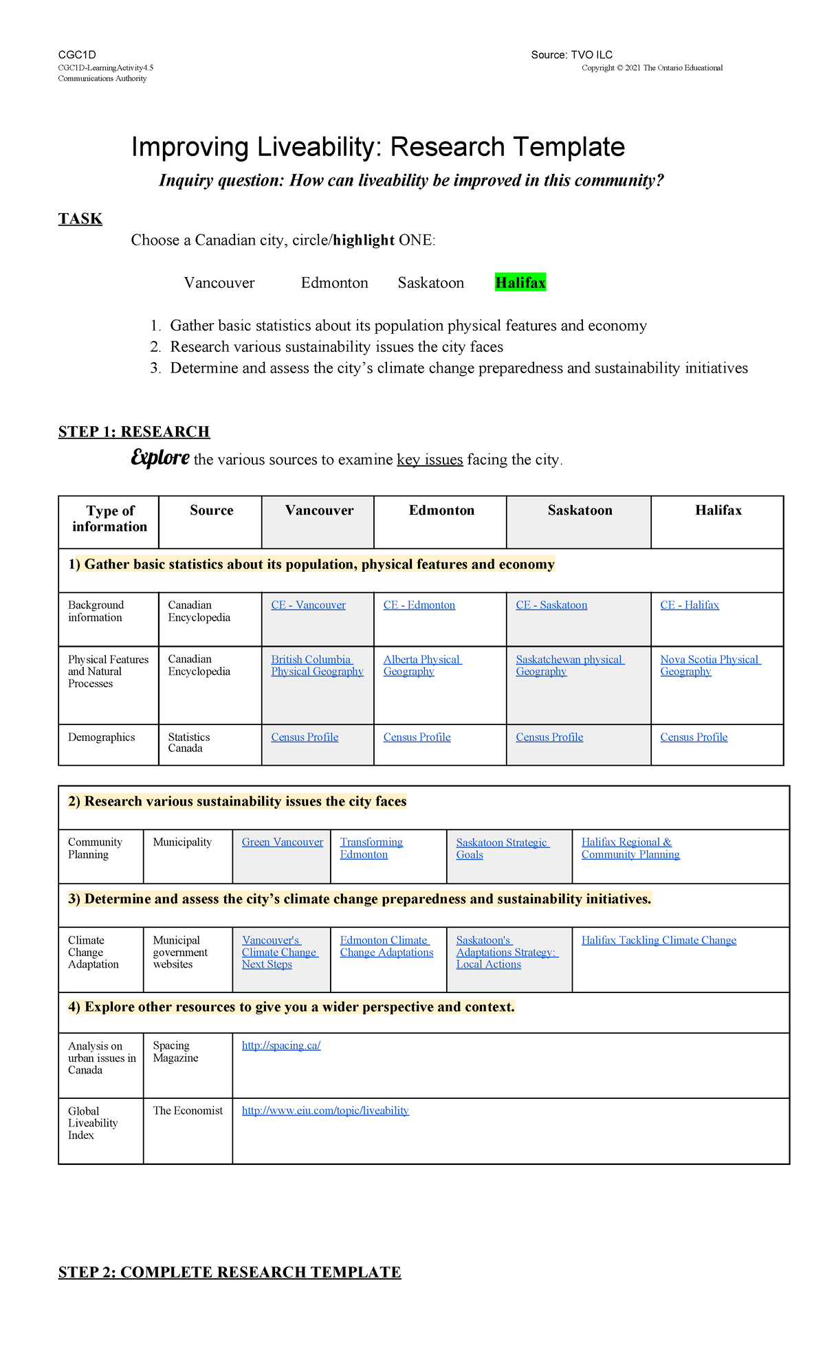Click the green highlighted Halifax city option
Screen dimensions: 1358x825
pos(520,282)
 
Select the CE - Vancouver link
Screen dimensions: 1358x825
pos(308,605)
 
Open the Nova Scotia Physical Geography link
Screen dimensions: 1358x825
pos(709,665)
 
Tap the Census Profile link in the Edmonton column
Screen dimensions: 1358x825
pos(417,737)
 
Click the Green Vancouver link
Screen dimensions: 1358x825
pos(282,842)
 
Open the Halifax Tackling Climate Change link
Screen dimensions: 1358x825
pos(659,940)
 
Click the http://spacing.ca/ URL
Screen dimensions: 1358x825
pos(281,1045)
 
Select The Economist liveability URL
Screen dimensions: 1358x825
pos(325,1111)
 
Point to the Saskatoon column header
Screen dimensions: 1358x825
pos(580,510)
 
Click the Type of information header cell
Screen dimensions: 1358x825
pos(109,518)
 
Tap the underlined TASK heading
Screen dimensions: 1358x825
pos(80,219)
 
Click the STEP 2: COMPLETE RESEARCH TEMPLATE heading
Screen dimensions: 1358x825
pos(230,1272)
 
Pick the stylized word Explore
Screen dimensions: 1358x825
pos(160,458)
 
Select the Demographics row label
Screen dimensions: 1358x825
pos(101,737)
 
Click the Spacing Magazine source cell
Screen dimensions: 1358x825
pos(175,1051)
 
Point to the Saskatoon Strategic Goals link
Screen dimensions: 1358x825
pos(502,848)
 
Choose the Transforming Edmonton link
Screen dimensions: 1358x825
pos(371,848)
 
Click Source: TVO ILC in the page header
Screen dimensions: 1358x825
pos(571,55)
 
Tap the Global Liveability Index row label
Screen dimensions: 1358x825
pos(93,1123)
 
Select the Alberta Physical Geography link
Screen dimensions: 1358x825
pos(421,665)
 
